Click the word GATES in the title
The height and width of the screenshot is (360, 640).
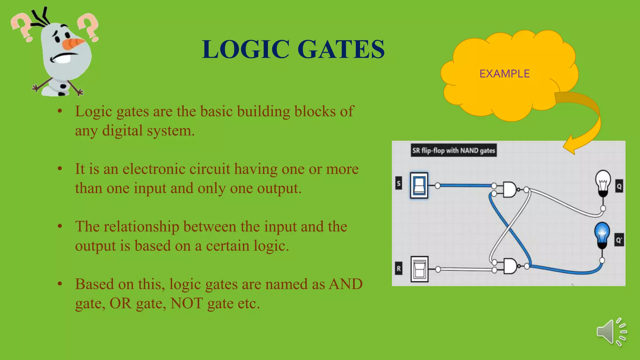click(341, 49)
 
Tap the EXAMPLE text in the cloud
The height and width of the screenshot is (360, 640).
click(504, 74)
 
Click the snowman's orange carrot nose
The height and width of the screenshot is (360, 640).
click(73, 43)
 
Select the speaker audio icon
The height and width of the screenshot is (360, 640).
click(611, 332)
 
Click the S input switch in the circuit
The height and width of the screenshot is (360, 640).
click(419, 185)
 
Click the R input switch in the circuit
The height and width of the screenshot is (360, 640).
click(419, 269)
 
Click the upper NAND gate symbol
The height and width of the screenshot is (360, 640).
click(510, 189)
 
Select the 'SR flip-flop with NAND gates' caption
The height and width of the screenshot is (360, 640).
click(453, 151)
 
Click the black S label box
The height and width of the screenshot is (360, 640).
click(398, 183)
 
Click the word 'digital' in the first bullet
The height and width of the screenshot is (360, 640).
click(122, 131)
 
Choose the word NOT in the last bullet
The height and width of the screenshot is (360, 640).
click(187, 303)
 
